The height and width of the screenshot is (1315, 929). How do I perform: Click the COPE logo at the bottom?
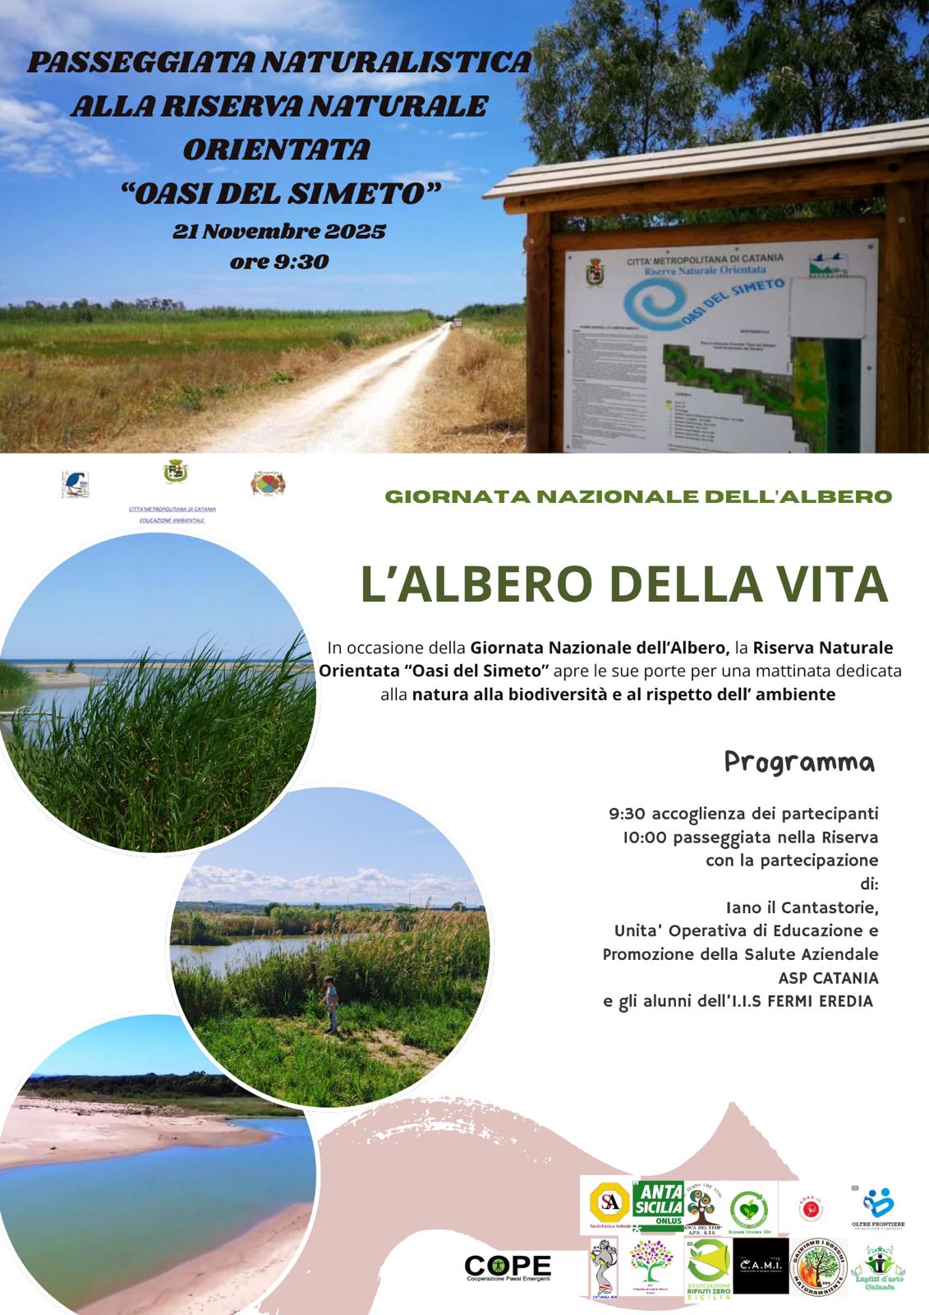[x=508, y=1268]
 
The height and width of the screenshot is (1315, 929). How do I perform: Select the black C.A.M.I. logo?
[x=760, y=1267]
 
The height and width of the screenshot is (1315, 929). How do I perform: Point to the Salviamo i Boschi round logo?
[x=818, y=1266]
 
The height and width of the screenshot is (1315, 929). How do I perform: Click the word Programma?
[x=799, y=762]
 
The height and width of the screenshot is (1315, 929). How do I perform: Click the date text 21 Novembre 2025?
[x=278, y=232]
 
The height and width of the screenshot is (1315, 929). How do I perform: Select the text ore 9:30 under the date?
[x=279, y=261]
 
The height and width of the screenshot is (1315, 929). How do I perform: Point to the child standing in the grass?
[x=331, y=1004]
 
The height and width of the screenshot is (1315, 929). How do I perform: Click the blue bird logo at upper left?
[x=76, y=484]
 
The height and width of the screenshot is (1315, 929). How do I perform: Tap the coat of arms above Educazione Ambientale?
[x=173, y=473]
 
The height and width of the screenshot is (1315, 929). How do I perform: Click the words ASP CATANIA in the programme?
[x=828, y=978]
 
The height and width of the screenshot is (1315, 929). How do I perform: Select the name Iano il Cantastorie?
[x=802, y=908]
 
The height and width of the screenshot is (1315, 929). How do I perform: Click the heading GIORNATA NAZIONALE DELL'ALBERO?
[x=637, y=496]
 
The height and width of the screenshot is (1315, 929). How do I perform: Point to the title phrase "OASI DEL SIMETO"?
[x=279, y=193]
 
